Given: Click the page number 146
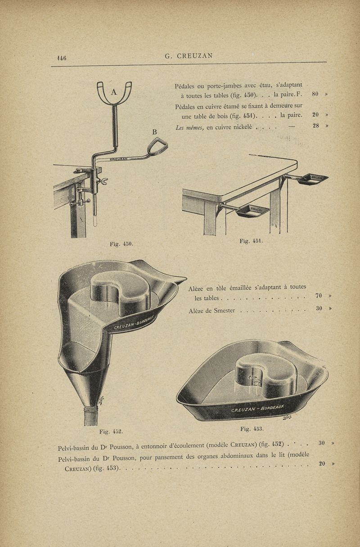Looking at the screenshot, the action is tap(62, 58).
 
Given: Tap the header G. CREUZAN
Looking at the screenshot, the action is tap(189, 56).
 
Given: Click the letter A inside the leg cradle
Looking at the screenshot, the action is tap(114, 92).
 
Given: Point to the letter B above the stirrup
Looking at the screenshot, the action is tap(154, 132).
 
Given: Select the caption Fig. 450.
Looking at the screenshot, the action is tap(121, 244).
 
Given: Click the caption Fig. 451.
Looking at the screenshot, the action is tap(251, 241).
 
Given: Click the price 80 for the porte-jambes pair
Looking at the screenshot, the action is tap(315, 94).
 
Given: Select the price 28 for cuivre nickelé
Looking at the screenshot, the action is tap(316, 126).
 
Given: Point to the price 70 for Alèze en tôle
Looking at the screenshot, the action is tap(319, 296).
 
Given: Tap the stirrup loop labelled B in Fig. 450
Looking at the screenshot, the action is tap(157, 147).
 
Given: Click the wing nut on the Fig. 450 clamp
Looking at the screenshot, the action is tap(104, 181).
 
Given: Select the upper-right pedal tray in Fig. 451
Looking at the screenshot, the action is tap(313, 179).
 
